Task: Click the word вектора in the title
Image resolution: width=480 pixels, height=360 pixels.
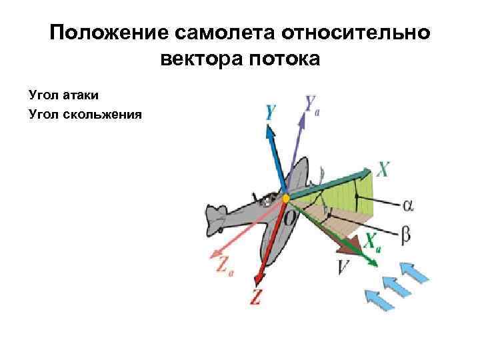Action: pos(202,60)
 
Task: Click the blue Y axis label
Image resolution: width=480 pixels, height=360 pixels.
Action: pos(271,112)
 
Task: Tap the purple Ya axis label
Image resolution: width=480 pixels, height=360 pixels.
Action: pos(313,104)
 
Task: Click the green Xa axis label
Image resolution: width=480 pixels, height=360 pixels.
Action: pos(372,241)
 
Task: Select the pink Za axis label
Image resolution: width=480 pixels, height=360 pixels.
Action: pos(224,263)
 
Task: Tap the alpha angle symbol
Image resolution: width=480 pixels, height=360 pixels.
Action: pos(408,205)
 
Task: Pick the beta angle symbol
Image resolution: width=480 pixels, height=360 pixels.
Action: pos(406,234)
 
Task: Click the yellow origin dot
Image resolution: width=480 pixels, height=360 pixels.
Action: pos(286,198)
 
